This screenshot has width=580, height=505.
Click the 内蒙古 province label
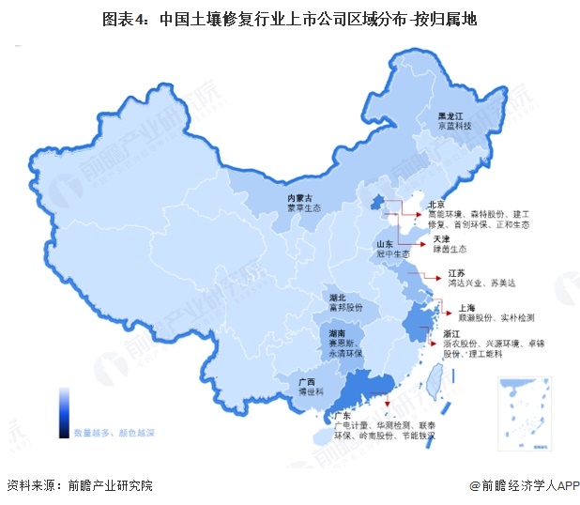(300, 198)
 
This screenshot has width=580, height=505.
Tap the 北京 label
(435, 204)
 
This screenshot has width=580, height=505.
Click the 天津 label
(440, 239)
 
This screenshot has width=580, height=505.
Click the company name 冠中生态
(387, 253)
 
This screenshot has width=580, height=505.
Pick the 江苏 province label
(456, 272)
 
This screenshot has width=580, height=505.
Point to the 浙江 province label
(450, 333)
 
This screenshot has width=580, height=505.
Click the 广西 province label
(305, 382)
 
